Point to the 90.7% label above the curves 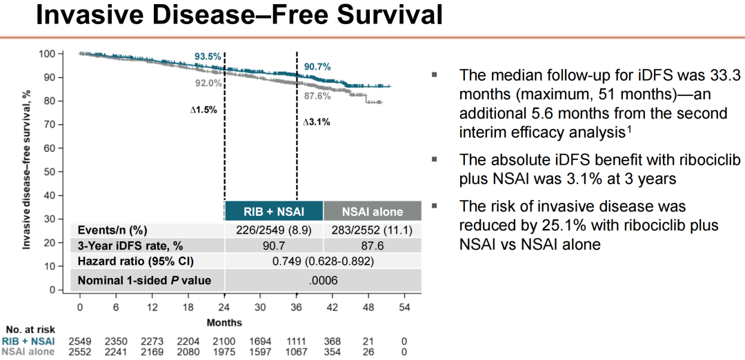[x=317, y=67]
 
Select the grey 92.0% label [x=208, y=83]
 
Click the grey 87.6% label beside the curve [x=318, y=96]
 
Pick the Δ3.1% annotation [x=317, y=122]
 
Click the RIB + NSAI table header [x=274, y=211]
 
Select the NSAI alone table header [x=372, y=211]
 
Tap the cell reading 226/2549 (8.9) [x=274, y=230]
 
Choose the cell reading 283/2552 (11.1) [x=372, y=230]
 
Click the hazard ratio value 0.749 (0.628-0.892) [x=324, y=261]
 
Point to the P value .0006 [x=324, y=281]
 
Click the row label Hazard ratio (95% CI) [x=136, y=261]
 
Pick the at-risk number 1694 [x=260, y=341]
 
